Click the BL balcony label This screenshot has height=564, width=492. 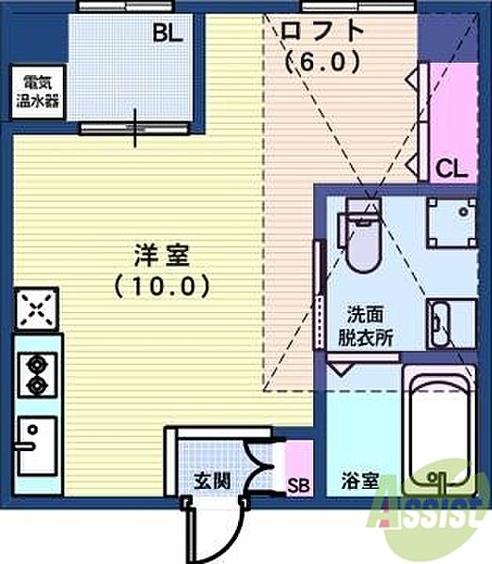point(168,34)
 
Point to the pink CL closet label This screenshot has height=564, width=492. point(452,169)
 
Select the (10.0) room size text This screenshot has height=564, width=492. point(157,285)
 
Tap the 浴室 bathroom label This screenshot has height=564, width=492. point(361,481)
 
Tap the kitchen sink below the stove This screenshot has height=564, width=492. point(37,441)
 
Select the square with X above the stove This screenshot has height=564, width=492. point(37,309)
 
